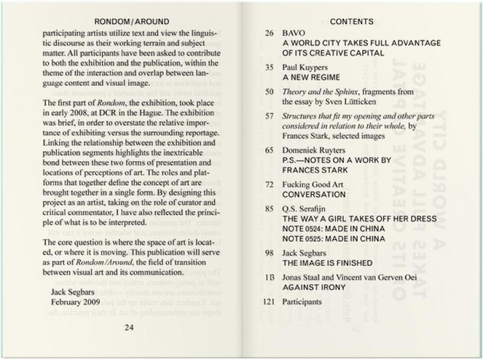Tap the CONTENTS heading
tap(351, 21)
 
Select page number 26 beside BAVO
tap(270, 34)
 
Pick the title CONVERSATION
tap(314, 194)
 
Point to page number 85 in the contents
tap(270, 208)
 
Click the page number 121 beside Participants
tap(271, 301)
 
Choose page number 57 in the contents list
tap(270, 114)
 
